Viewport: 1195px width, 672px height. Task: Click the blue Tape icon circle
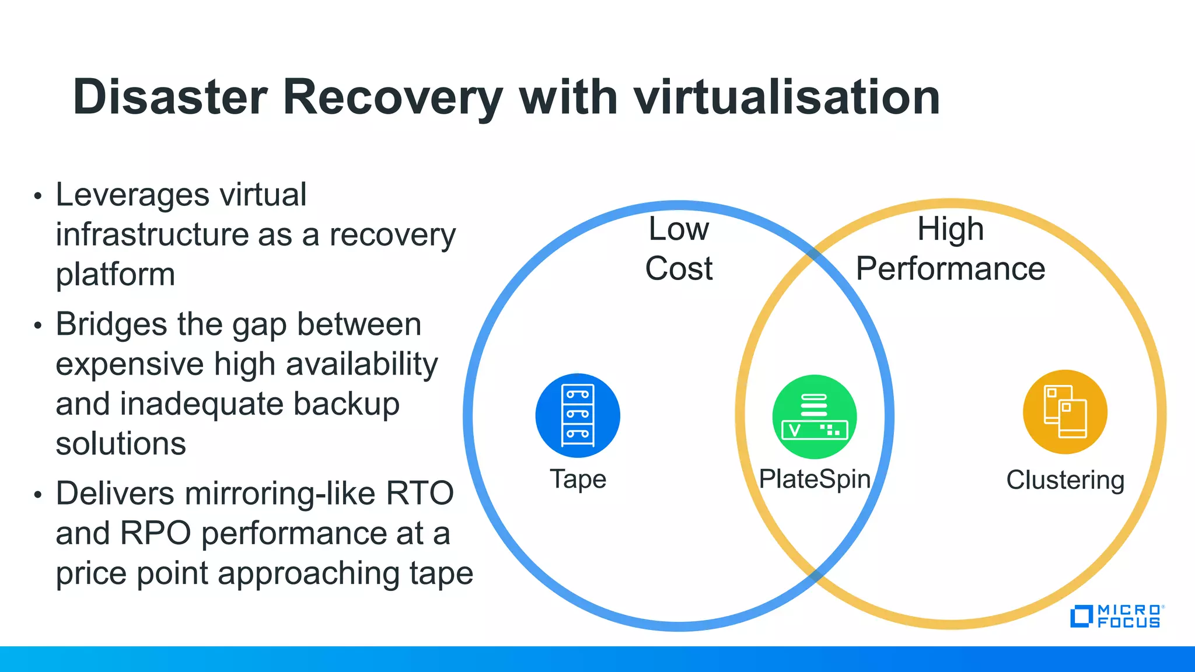(578, 415)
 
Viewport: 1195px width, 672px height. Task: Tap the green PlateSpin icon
(815, 416)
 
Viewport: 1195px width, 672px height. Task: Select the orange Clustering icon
(1065, 412)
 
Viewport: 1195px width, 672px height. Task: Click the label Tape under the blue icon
(578, 479)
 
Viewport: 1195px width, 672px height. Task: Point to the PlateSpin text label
(815, 479)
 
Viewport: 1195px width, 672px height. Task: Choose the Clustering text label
(1065, 480)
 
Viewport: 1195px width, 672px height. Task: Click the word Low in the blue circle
(679, 229)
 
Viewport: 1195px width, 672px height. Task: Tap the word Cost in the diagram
(679, 269)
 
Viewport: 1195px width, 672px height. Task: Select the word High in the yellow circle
(951, 229)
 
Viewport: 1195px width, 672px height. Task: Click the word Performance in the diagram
(951, 269)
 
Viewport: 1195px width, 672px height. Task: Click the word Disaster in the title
(170, 97)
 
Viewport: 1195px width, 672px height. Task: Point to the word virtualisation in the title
(787, 97)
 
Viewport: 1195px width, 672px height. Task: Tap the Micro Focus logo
(1116, 617)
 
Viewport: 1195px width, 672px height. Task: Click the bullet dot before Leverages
(38, 196)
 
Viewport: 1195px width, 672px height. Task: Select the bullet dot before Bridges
(38, 325)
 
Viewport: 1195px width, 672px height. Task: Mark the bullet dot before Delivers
(38, 495)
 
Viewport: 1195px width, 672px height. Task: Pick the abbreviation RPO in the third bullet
(155, 533)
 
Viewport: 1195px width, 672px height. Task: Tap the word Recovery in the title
(393, 97)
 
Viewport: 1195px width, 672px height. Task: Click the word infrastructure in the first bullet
(152, 235)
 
